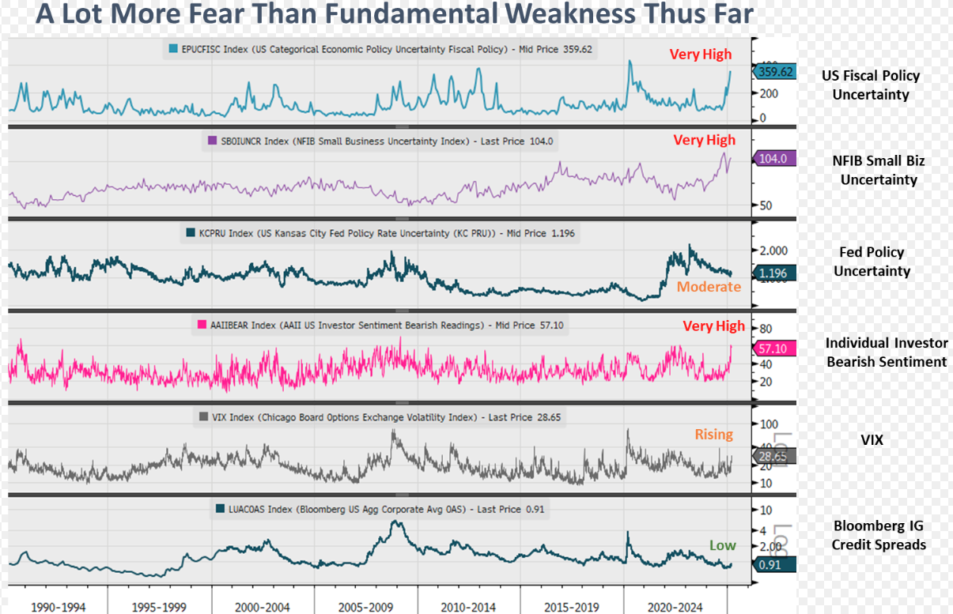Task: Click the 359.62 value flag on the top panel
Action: pyautogui.click(x=775, y=72)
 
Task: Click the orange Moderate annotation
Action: pyautogui.click(x=708, y=287)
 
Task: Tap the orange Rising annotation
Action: pyautogui.click(x=713, y=435)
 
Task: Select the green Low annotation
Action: pyautogui.click(x=722, y=545)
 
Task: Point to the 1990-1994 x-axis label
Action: pyautogui.click(x=58, y=607)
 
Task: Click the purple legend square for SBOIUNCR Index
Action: pyautogui.click(x=210, y=141)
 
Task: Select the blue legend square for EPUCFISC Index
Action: pyautogui.click(x=173, y=49)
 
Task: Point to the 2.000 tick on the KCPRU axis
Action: pyautogui.click(x=773, y=250)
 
